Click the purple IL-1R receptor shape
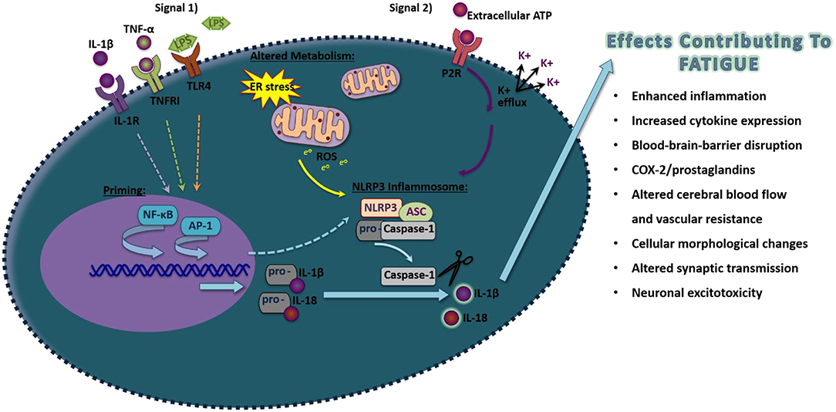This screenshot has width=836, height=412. click(x=110, y=97)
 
